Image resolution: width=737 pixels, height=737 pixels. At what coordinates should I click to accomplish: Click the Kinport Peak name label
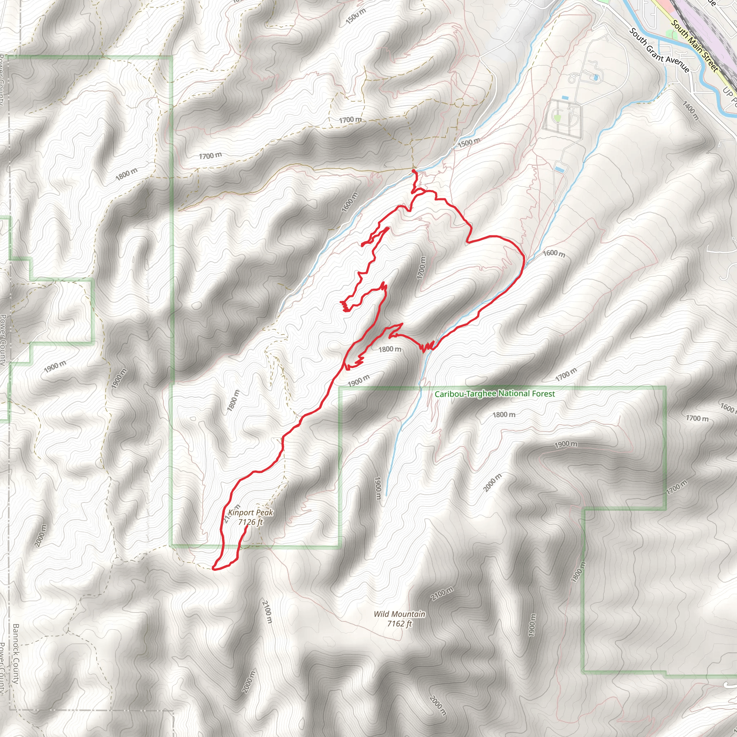pyautogui.click(x=250, y=513)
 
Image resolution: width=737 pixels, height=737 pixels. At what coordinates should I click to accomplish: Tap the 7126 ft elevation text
pyautogui.click(x=250, y=522)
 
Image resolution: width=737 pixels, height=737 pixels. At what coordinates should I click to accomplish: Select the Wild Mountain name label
pyautogui.click(x=399, y=614)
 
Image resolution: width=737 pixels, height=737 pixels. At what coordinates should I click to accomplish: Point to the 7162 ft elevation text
pyautogui.click(x=399, y=624)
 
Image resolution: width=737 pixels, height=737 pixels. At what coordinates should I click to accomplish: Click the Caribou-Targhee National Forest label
pyautogui.click(x=495, y=394)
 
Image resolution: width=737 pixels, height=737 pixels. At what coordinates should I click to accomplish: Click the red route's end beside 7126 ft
pyautogui.click(x=247, y=528)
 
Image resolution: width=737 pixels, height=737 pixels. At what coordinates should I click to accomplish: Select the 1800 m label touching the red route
pyautogui.click(x=389, y=349)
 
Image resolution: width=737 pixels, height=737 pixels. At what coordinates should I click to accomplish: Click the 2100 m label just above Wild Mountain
pyautogui.click(x=442, y=594)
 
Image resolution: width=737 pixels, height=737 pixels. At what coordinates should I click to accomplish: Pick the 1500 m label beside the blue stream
pyautogui.click(x=469, y=143)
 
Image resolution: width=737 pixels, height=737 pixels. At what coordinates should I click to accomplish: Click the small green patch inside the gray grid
pyautogui.click(x=557, y=118)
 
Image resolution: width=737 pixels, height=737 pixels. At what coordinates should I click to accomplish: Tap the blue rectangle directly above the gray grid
pyautogui.click(x=565, y=98)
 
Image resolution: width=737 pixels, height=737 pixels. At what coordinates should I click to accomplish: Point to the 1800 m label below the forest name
pyautogui.click(x=504, y=415)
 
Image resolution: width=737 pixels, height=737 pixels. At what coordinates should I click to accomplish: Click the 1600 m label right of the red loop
pyautogui.click(x=554, y=253)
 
